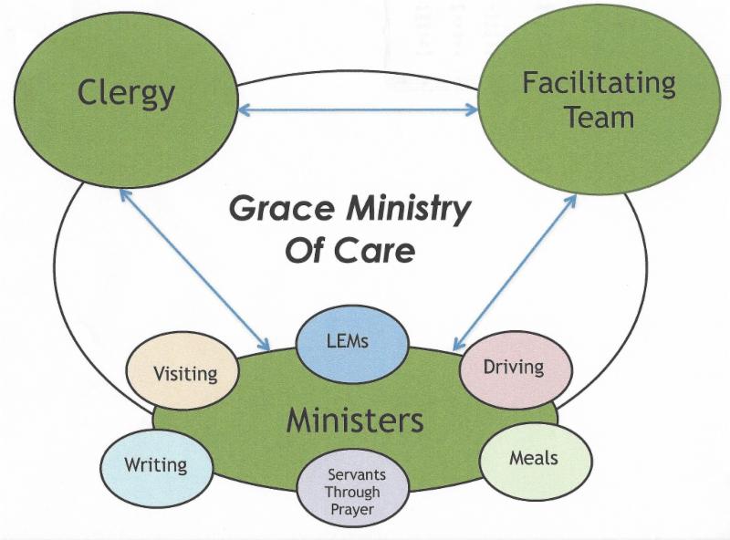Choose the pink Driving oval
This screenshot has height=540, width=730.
(x=514, y=368)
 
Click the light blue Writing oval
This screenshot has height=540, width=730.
(x=155, y=465)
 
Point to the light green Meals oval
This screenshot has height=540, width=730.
(x=535, y=456)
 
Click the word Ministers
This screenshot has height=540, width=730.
(x=355, y=421)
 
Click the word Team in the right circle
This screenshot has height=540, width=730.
(x=599, y=118)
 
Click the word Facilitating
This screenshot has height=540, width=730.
(x=599, y=84)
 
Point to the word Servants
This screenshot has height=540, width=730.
(x=357, y=474)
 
